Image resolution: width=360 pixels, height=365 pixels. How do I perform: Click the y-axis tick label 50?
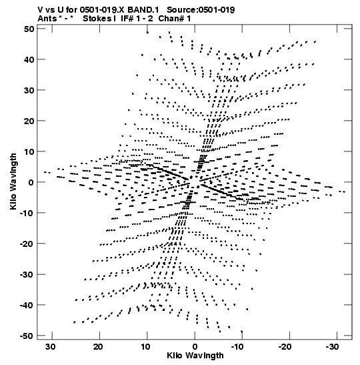[29, 29]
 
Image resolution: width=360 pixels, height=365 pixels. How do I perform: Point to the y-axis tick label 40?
[29, 59]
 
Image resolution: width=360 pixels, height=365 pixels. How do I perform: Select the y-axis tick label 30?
[29, 90]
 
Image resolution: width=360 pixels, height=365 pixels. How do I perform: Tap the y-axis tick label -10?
[27, 213]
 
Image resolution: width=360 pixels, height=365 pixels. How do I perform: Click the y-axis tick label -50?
[27, 336]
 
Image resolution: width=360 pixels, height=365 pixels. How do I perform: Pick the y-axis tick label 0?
[31, 182]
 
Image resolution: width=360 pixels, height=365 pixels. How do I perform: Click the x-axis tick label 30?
[51, 347]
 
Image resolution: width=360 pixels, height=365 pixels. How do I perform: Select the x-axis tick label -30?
[332, 347]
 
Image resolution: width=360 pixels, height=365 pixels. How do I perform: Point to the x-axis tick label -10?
[237, 347]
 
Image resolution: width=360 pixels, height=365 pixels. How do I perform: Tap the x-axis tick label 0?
[195, 347]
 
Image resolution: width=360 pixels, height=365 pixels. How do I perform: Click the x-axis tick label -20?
[285, 347]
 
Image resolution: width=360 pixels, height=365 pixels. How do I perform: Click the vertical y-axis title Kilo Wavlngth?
[13, 181]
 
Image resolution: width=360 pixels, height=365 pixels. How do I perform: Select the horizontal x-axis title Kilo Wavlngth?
[195, 356]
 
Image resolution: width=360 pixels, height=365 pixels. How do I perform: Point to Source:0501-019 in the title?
[201, 10]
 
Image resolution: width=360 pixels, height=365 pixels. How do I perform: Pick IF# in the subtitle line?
[127, 19]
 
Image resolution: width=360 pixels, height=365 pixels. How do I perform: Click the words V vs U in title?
[50, 10]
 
